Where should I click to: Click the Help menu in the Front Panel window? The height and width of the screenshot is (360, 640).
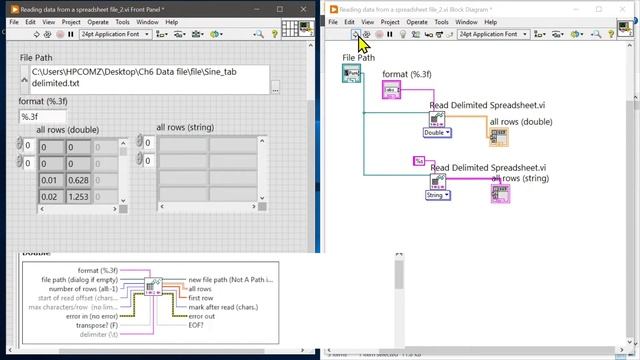point(172,21)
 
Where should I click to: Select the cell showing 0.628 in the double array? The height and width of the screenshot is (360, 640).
point(78,180)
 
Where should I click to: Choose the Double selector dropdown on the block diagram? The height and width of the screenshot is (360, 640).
point(437,132)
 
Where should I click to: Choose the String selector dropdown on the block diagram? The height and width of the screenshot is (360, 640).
point(437,196)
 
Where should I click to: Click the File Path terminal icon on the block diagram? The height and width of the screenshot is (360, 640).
point(352,74)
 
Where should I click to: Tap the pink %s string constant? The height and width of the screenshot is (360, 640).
point(419,160)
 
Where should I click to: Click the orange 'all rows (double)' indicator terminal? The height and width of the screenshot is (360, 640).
point(498,136)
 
